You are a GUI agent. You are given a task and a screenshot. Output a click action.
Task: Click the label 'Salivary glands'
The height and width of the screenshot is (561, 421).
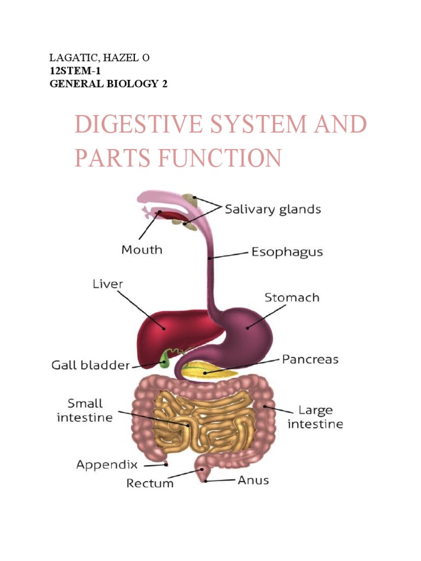[x=273, y=209]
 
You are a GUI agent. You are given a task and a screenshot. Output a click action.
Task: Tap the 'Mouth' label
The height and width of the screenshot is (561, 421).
[x=141, y=250]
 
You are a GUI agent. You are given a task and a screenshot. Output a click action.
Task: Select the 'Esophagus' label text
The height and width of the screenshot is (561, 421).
[x=287, y=253]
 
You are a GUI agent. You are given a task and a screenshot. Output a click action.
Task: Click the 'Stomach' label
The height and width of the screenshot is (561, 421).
[x=292, y=298]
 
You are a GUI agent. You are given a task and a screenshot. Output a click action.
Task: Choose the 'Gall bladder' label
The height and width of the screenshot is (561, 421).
[x=90, y=365]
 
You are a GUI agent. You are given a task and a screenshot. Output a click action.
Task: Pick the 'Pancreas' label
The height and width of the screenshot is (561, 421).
[x=310, y=360]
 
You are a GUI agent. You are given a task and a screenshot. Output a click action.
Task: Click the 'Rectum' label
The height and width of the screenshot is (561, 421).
[x=150, y=483]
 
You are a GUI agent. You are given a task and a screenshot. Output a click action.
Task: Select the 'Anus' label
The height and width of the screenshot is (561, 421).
[x=253, y=480]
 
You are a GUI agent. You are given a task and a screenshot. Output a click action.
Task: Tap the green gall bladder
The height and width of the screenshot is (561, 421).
[x=164, y=359]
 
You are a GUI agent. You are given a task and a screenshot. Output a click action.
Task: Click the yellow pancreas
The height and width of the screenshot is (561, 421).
[x=211, y=372]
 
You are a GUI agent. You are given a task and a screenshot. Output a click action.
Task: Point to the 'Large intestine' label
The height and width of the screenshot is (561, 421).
[x=320, y=417]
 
